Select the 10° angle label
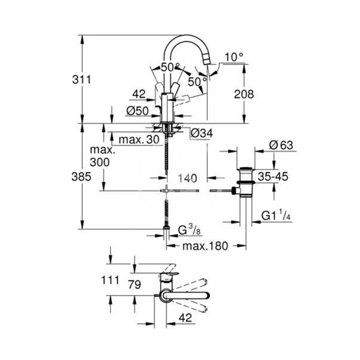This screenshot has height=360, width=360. pos(235,57)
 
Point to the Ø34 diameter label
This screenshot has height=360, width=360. pos(200,133)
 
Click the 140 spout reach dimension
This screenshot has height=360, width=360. pos(186,177)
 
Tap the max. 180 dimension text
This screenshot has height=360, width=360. pos(205,246)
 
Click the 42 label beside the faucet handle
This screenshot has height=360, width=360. pos(139,93)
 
